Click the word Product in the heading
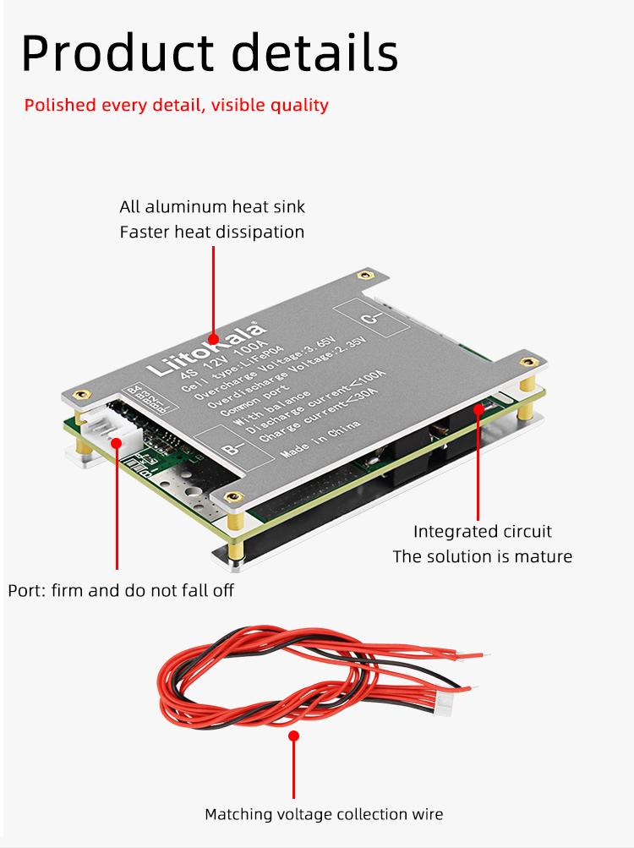118,53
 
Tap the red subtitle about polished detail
176,106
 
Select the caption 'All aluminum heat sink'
212,206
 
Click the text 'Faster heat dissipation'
212,232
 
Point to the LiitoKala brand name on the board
206,347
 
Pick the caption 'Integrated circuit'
482,532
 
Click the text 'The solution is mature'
482,556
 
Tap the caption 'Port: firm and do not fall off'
121,590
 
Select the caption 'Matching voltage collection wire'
324,814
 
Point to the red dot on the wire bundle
294,736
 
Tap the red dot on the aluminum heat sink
212,336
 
